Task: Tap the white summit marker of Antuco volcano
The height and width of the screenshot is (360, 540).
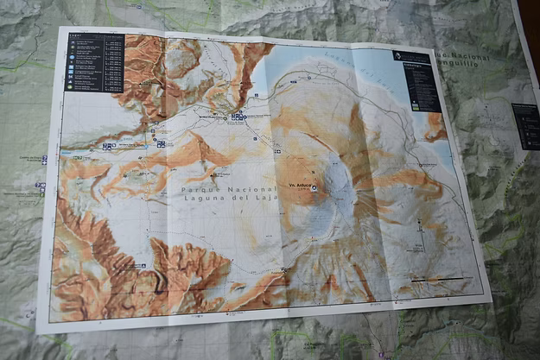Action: coord(314,188)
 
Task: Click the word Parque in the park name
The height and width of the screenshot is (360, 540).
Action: coord(198,188)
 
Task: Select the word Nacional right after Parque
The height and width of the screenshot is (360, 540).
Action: coord(243,188)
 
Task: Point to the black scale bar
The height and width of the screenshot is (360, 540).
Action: coord(442,280)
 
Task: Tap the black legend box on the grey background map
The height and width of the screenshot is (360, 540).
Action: coord(525,125)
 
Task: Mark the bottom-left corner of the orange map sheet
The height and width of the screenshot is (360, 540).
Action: coord(39,331)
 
